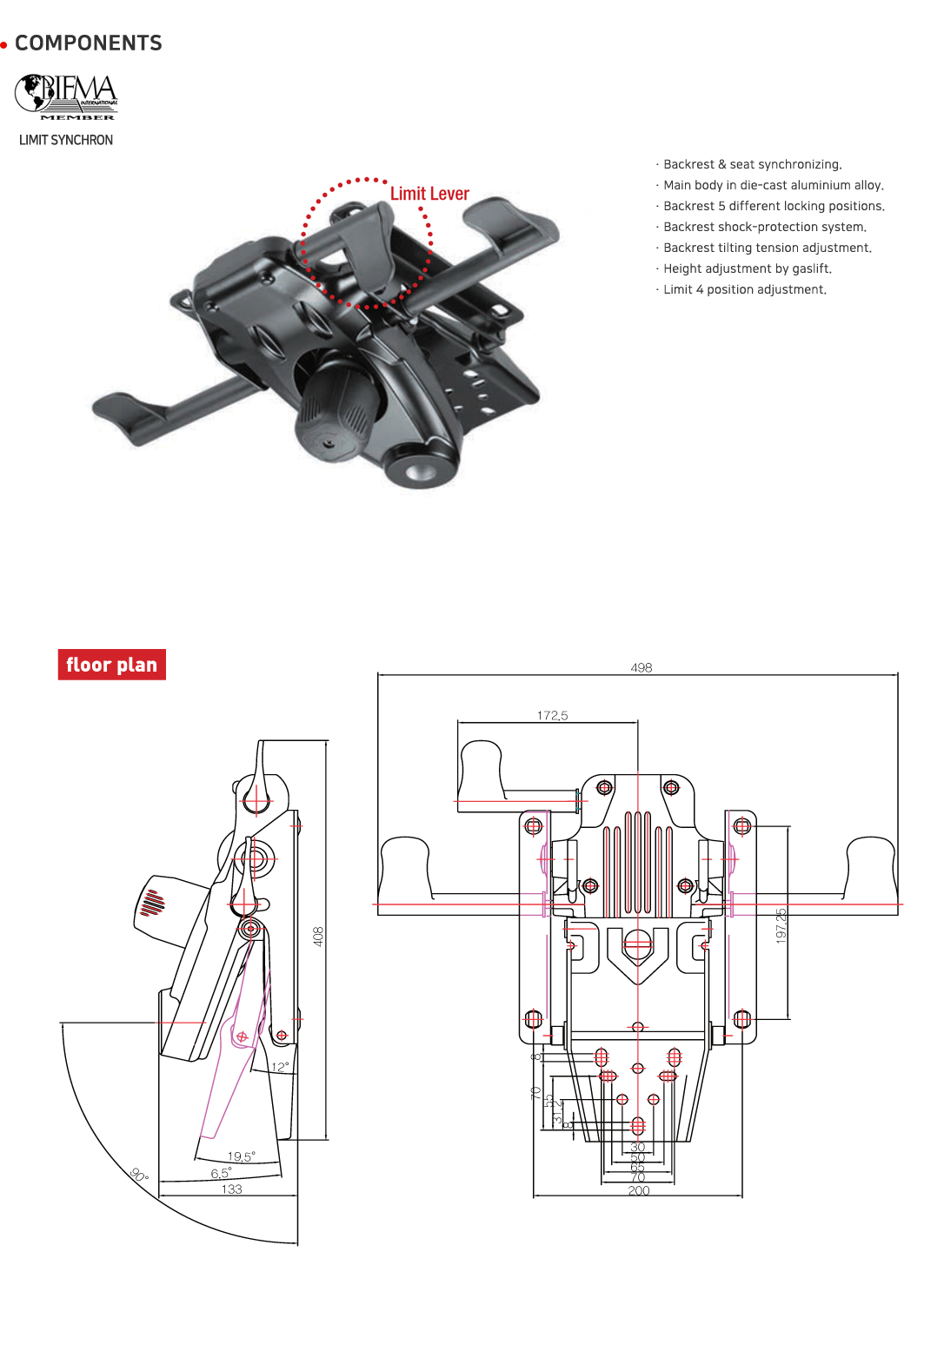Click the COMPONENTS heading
(88, 43)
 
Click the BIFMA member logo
(66, 96)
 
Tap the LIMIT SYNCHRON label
(66, 140)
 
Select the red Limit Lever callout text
(429, 194)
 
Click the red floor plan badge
(111, 665)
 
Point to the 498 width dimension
(642, 667)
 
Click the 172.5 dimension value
(552, 715)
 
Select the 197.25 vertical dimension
(781, 926)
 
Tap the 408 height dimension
(318, 936)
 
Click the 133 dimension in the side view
(231, 1189)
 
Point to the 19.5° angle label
(241, 1156)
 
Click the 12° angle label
(280, 1067)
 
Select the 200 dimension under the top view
(638, 1190)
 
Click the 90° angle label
(139, 1175)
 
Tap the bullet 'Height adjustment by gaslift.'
(747, 268)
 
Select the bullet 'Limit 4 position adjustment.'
(744, 289)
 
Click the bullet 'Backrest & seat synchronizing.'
(752, 164)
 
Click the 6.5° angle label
(221, 1173)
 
